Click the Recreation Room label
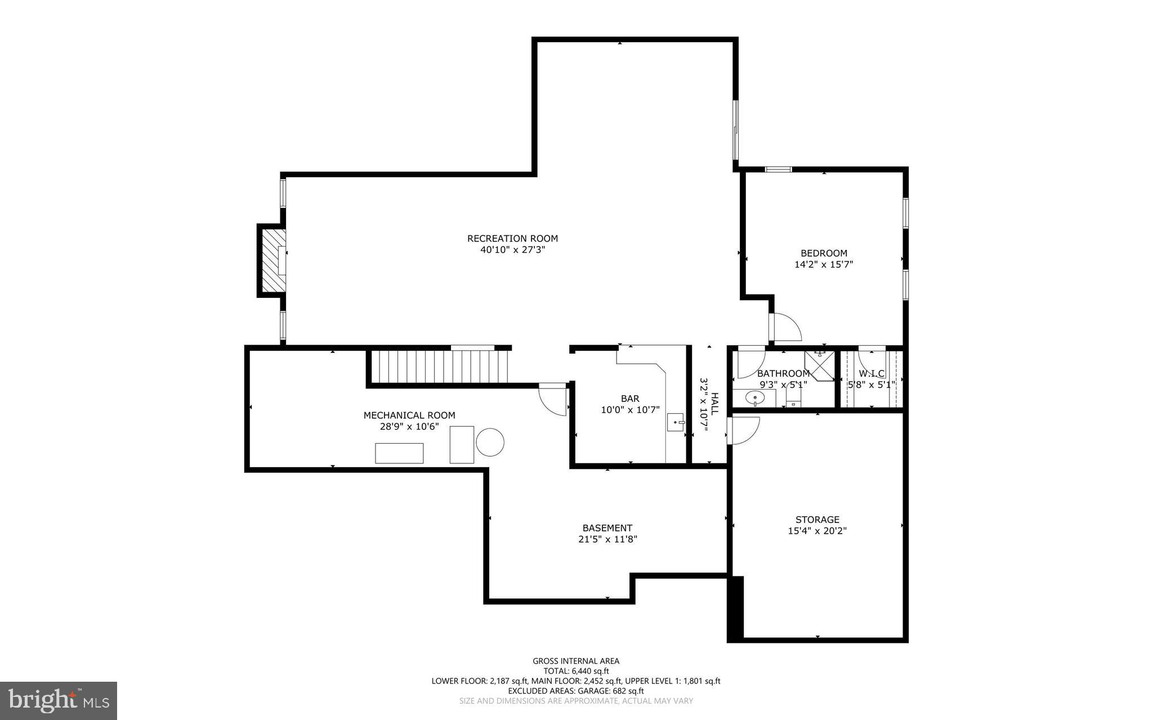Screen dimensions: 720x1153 pos(512,239)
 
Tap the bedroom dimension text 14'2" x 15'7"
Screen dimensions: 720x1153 pos(824,265)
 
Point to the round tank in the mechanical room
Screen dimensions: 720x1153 pos(490,442)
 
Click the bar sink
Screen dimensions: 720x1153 pos(675,422)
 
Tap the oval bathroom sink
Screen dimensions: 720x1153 pos(754,398)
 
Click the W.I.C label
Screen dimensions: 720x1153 pos(872,374)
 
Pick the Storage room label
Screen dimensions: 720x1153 pos(817,520)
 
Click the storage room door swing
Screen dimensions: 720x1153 pos(743,430)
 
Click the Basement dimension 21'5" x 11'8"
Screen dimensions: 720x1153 pos(607,539)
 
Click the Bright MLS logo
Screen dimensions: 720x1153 pos(59,700)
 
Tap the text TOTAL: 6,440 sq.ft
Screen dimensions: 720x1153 pos(576,671)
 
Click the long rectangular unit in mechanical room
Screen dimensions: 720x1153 pos(399,453)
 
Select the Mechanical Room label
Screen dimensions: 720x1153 pos(409,415)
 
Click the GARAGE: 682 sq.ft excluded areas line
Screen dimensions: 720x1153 pos(576,691)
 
